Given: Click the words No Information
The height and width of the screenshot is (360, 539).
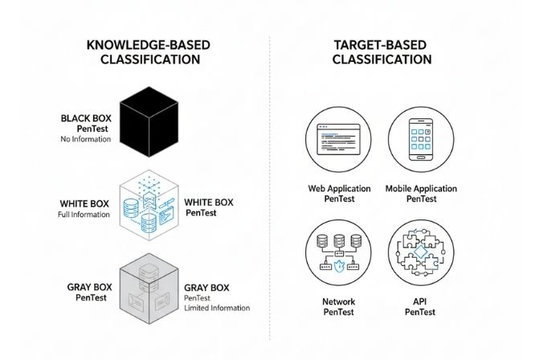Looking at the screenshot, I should pos(84,140).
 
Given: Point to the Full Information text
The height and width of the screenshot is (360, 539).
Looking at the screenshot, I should pos(84,215).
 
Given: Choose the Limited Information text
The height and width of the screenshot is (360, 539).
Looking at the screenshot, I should pos(217,308).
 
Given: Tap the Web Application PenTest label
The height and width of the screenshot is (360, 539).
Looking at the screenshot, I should pos(339,194).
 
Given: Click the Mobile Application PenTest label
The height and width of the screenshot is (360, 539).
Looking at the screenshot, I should pos(421,194).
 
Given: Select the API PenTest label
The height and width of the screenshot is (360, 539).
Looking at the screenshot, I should pos(421,308).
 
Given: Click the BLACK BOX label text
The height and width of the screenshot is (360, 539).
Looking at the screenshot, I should pos(86,118).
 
